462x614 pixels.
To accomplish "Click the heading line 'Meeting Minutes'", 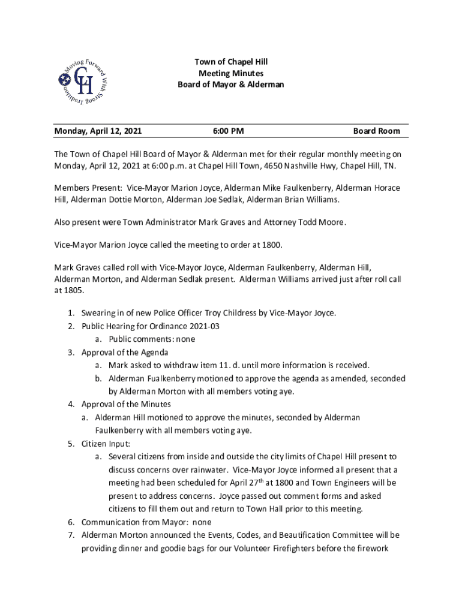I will tap(230, 73).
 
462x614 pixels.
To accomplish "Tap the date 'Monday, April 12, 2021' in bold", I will tap(98, 131).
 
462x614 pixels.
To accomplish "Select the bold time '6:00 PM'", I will tap(228, 131).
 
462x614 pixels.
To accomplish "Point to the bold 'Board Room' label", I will tap(376, 131).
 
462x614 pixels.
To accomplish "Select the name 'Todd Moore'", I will tap(323, 222).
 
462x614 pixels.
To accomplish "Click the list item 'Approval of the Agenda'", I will tap(125, 352).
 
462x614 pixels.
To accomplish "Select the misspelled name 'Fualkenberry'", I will tap(172, 378).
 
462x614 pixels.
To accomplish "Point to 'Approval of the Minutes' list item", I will tap(126, 404).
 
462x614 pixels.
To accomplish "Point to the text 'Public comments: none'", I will tap(152, 339).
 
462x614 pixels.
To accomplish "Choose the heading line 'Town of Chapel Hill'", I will tap(230, 62).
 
